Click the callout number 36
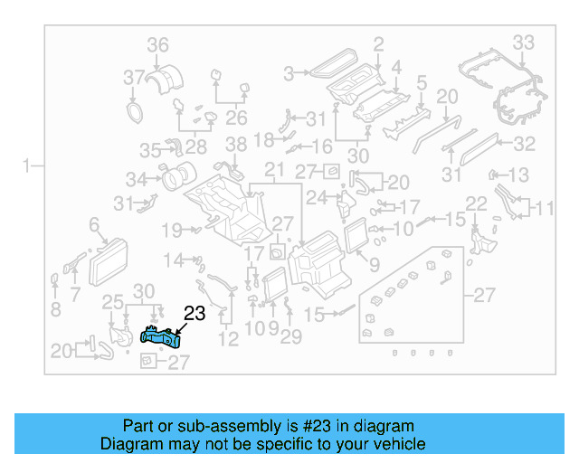[158, 45]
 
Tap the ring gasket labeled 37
[135, 111]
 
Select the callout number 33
[524, 42]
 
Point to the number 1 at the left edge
[28, 165]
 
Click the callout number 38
[235, 144]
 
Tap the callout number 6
[93, 223]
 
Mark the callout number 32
[525, 143]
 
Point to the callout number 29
[290, 337]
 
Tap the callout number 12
[228, 339]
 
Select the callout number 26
[236, 117]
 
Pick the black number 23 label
[195, 314]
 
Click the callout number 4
[396, 67]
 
